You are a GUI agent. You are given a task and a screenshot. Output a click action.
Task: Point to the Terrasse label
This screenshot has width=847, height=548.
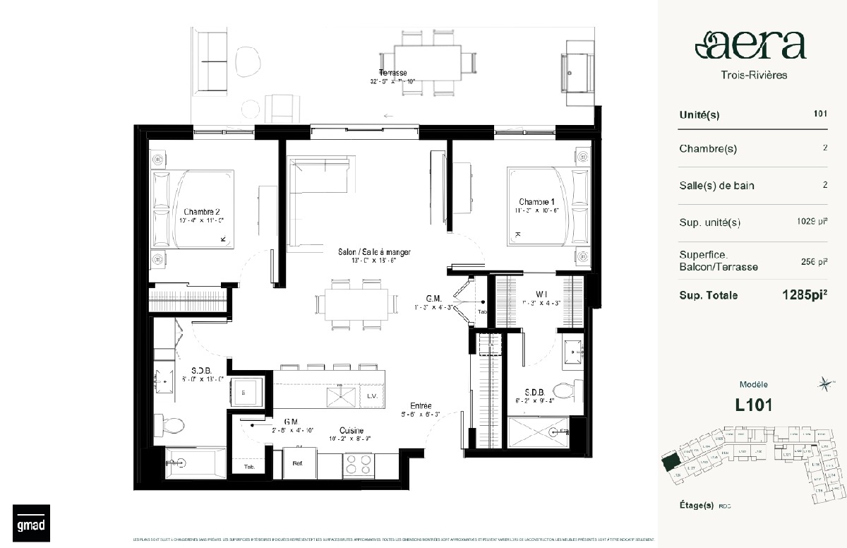click(392, 73)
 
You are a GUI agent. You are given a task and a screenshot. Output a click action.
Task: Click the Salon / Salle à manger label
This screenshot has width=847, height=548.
click(373, 252)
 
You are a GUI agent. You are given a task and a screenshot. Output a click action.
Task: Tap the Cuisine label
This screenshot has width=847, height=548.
click(351, 429)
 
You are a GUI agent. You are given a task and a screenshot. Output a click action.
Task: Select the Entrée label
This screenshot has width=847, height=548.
click(421, 406)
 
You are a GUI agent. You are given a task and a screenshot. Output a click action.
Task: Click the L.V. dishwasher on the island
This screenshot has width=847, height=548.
click(372, 395)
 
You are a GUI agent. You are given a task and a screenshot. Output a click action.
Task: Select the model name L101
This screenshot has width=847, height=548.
click(753, 405)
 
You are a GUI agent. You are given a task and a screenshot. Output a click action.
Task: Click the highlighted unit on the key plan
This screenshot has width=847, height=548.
click(668, 462)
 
